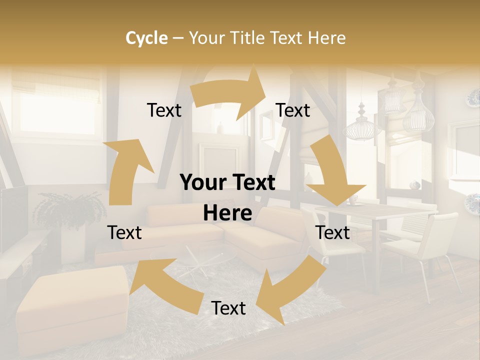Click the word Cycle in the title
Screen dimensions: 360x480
(146, 38)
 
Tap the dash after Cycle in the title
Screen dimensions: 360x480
(178, 38)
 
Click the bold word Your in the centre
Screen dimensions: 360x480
(202, 183)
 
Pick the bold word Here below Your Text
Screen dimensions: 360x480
(227, 213)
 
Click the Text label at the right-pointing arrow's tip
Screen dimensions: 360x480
(293, 110)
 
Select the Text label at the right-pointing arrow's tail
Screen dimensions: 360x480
(164, 110)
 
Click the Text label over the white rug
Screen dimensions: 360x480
(228, 308)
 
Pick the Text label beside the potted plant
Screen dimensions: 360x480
(124, 232)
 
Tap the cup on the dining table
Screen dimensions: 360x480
(353, 200)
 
